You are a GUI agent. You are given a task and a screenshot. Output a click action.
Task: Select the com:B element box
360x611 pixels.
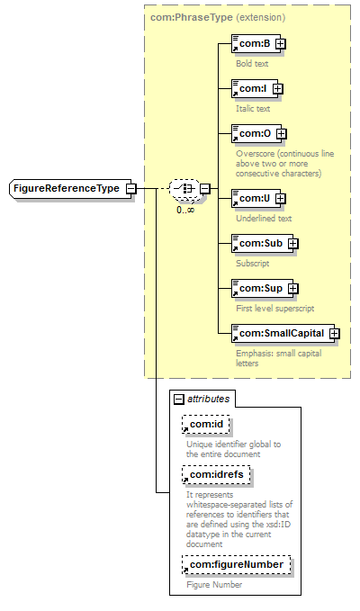(x=256, y=43)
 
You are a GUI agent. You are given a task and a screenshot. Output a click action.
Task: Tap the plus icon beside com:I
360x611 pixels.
(x=277, y=89)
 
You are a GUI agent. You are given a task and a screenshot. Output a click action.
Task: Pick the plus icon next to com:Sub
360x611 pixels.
(x=293, y=244)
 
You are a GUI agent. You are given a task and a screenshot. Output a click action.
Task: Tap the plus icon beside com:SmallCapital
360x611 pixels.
(x=334, y=334)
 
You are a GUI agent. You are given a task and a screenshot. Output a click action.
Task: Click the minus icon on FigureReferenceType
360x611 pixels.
(x=131, y=189)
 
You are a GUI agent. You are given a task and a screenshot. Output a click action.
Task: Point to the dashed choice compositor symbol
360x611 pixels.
(x=184, y=189)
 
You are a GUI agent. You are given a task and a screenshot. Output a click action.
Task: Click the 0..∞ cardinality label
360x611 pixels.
(x=185, y=210)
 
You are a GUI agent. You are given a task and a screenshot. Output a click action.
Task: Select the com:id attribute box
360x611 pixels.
(x=206, y=425)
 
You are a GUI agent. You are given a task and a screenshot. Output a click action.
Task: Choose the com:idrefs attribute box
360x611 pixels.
(x=216, y=474)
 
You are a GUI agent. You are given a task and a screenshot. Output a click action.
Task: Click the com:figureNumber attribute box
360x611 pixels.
(x=236, y=564)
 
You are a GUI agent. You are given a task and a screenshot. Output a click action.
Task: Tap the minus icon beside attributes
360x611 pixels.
(x=178, y=399)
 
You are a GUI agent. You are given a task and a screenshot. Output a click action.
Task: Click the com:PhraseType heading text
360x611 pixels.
(x=192, y=17)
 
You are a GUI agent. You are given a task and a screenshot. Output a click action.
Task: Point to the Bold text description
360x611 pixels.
(x=252, y=64)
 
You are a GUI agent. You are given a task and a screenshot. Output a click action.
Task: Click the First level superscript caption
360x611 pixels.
(x=275, y=309)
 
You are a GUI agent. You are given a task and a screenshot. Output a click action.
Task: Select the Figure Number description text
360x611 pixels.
(x=214, y=585)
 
